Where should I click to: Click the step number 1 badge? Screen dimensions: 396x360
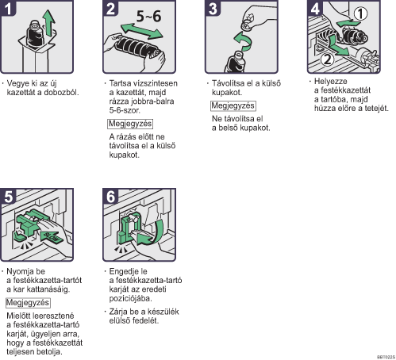(8, 8)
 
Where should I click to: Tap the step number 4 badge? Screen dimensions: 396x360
(315, 8)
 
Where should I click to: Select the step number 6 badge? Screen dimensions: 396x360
(110, 196)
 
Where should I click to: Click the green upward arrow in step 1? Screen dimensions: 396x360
(49, 23)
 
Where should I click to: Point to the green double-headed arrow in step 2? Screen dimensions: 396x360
(141, 31)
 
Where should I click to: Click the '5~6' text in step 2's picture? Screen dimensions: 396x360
(148, 16)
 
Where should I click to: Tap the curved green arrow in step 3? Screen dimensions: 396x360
(244, 41)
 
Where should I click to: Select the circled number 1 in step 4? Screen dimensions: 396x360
(360, 13)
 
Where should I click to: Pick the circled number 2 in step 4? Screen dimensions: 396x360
(327, 59)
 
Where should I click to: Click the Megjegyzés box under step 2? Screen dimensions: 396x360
(130, 124)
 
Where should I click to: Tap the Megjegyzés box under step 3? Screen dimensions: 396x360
(233, 105)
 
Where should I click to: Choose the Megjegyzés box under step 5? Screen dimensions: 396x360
(28, 303)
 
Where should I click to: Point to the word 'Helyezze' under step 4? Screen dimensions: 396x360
(330, 81)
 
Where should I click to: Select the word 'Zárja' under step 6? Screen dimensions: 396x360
(118, 312)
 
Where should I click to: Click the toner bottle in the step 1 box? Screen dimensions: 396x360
(35, 33)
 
